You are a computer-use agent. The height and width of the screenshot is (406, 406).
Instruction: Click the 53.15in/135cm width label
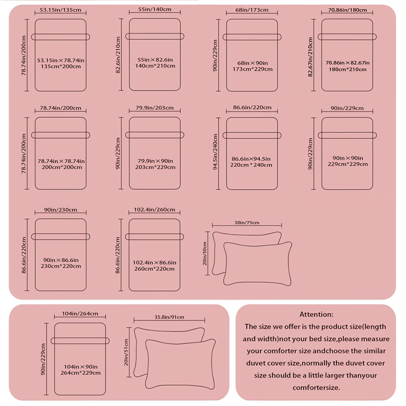point(60,10)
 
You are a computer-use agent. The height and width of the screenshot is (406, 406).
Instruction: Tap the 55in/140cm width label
point(155,9)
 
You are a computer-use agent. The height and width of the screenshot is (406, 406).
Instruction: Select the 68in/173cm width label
point(252,10)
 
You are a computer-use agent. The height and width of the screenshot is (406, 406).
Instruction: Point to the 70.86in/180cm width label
point(348,10)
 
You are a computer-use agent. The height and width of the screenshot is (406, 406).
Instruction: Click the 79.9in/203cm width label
point(155,108)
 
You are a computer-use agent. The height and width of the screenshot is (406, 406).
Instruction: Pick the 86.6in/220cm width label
point(252,108)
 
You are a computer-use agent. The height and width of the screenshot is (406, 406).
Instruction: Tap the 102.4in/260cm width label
point(154,210)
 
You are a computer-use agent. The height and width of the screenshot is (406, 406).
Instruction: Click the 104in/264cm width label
point(80,314)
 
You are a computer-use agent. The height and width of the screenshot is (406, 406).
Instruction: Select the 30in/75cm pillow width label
point(247,223)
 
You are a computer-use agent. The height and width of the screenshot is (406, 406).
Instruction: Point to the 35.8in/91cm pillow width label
point(170,317)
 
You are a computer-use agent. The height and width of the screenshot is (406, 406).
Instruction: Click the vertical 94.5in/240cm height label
point(215,152)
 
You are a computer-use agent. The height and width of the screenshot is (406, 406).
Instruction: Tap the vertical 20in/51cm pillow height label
point(126,352)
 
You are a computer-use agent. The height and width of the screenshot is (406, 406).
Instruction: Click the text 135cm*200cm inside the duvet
point(60,66)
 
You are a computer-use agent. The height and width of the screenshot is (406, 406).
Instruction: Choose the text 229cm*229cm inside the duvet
point(348,164)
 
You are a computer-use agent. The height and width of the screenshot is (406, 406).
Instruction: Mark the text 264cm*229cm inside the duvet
point(81,373)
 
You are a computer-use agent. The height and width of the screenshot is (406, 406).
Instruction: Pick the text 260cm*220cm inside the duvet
point(154,269)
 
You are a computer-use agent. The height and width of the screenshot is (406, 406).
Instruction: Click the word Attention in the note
point(316,314)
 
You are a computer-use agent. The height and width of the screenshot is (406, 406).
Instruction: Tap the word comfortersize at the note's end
point(316,388)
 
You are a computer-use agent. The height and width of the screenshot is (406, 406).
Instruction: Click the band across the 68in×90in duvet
point(252,37)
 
